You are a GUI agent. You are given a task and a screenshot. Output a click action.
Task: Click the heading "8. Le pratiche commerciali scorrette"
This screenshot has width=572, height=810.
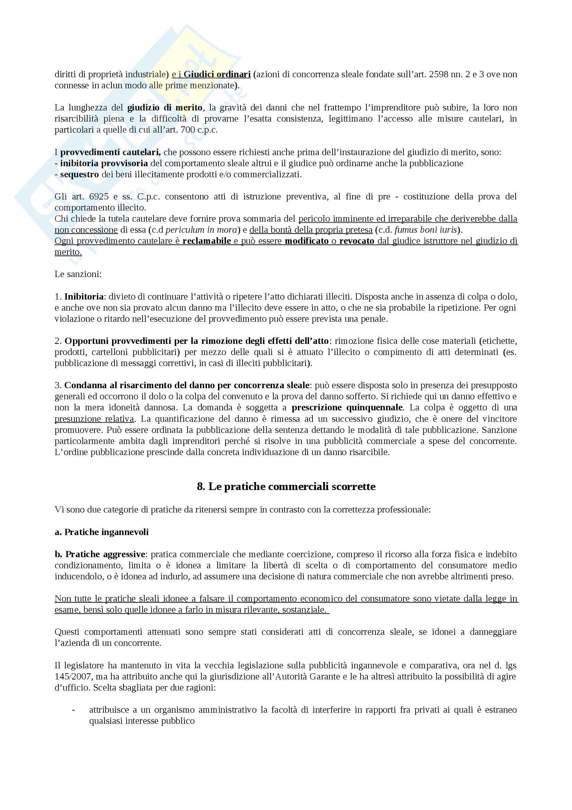click(286, 487)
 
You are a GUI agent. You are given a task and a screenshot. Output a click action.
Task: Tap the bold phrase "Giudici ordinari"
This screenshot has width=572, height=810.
click(217, 74)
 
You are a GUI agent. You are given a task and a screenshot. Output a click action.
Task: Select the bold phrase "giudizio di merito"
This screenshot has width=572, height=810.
click(165, 108)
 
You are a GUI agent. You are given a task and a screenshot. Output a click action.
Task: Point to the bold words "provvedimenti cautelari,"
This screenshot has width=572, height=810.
click(111, 152)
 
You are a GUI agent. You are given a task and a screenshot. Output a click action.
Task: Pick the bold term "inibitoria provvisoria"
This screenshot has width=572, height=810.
click(104, 163)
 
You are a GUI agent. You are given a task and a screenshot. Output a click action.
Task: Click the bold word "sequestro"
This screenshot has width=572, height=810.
click(80, 175)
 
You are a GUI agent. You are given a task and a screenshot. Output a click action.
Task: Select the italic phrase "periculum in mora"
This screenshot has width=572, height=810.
click(201, 230)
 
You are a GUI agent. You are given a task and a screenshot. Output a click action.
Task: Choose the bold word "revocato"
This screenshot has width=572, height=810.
click(357, 241)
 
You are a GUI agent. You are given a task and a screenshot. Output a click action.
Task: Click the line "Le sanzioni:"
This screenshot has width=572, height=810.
click(78, 274)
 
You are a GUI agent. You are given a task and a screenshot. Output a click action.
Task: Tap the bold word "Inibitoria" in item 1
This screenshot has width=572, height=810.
click(84, 296)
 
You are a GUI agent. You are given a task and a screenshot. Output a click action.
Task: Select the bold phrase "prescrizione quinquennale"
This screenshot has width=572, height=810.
click(347, 408)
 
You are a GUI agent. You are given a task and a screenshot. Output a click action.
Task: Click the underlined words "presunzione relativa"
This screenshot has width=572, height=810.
click(94, 419)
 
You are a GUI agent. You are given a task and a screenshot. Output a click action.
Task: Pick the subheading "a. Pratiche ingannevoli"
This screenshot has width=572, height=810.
click(101, 532)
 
